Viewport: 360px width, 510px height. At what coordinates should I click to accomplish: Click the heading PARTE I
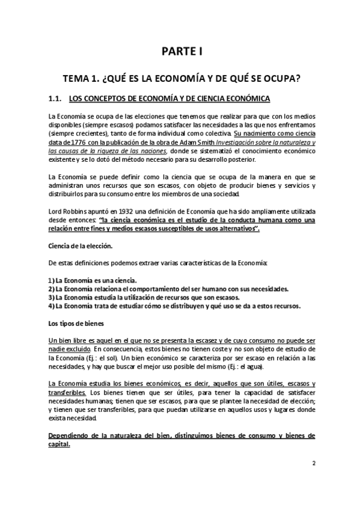[x=180, y=52]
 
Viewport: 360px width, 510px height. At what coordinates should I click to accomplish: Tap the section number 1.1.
[x=55, y=98]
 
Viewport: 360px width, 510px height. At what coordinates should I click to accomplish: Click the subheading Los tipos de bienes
[x=72, y=323]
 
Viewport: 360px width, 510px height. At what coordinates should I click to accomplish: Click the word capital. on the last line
[x=58, y=445]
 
